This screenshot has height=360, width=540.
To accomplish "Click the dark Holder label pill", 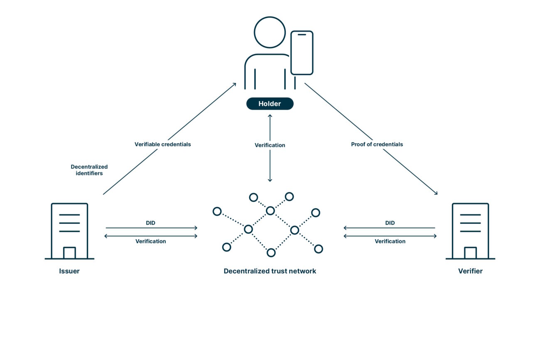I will [270, 104].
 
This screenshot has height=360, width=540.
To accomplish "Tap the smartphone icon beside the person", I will [302, 53].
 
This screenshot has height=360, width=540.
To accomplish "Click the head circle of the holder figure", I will [270, 32].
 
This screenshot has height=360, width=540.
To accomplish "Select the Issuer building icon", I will [69, 231].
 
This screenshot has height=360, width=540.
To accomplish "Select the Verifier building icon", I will [470, 231].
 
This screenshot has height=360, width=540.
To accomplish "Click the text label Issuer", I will [69, 271].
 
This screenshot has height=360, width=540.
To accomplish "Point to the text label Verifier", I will [470, 271].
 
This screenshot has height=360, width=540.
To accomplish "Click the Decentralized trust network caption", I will [270, 271].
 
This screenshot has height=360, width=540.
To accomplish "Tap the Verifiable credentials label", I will [163, 144].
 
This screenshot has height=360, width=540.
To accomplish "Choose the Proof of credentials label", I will [377, 144].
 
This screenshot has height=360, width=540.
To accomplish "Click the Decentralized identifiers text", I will [89, 170].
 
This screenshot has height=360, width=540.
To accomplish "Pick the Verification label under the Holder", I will [270, 145].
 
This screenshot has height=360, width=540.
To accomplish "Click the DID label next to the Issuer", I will [150, 223].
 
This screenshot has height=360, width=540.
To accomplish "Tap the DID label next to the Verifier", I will [390, 223].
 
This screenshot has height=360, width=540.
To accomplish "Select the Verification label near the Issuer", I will [150, 241].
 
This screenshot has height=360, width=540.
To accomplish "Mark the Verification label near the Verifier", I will [390, 241].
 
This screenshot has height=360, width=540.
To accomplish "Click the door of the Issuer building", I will [69, 253].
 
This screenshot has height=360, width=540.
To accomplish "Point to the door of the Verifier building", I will [470, 253].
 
